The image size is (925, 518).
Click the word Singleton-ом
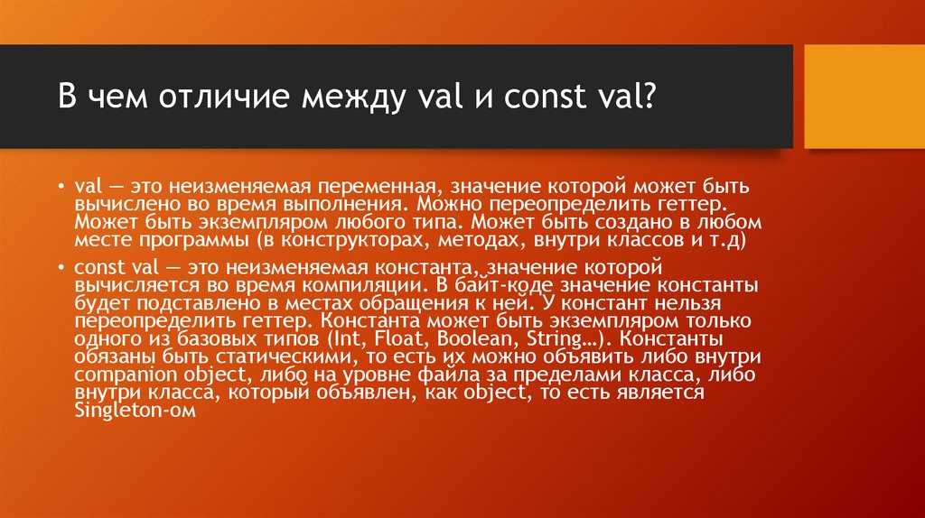[133, 409]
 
